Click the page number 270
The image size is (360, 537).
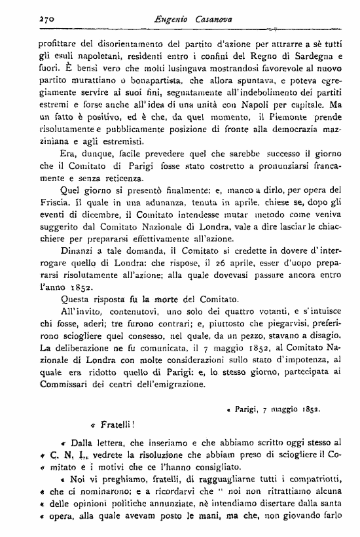point(28,22)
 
